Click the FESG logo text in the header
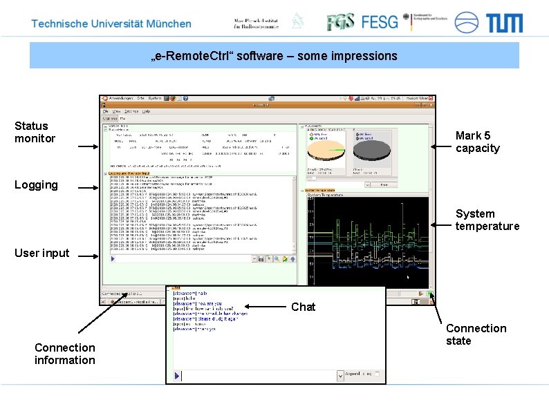pos(380,22)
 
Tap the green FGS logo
pos(342,22)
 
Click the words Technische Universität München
pos(111,23)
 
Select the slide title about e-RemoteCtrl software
pos(274,55)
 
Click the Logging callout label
pos(36,184)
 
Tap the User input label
pos(42,253)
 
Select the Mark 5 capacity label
pos(477,142)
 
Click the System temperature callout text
pos(487,220)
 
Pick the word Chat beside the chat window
pos(303,307)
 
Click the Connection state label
pos(476,334)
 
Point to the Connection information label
pos(65,354)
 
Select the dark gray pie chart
pos(372,149)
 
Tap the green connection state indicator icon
pos(430,294)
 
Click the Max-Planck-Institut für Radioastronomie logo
pos(257,23)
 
